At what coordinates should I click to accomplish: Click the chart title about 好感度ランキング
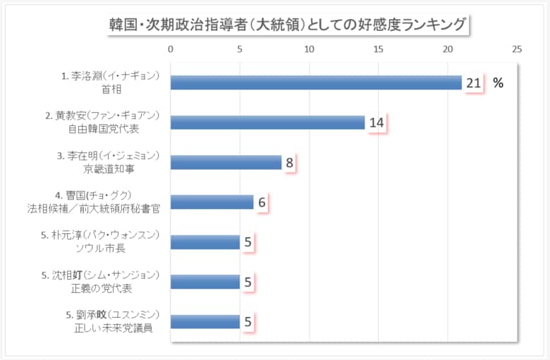pos(286,25)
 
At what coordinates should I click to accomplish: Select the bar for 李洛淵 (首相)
pos(316,82)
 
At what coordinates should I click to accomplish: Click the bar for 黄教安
pos(267,123)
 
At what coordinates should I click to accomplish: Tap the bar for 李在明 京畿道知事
pos(226,163)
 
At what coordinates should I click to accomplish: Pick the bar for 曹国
pos(212,202)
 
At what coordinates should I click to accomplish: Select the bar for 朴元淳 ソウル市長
pos(205,242)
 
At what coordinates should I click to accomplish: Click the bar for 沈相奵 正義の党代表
pos(205,282)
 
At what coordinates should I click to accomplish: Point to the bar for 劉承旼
pos(205,322)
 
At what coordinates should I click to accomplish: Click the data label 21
pos(472,83)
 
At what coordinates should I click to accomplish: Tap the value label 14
pos(376,123)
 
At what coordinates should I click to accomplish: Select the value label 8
pos(289,163)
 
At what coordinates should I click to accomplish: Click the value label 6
pos(261,203)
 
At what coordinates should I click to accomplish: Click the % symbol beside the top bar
pos(498,83)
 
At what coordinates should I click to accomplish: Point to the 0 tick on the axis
pos(171,49)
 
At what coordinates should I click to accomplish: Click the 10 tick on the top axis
pos(309,49)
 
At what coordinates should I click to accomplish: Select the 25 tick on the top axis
pos(517,49)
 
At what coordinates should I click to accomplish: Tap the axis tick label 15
pos(378,49)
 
